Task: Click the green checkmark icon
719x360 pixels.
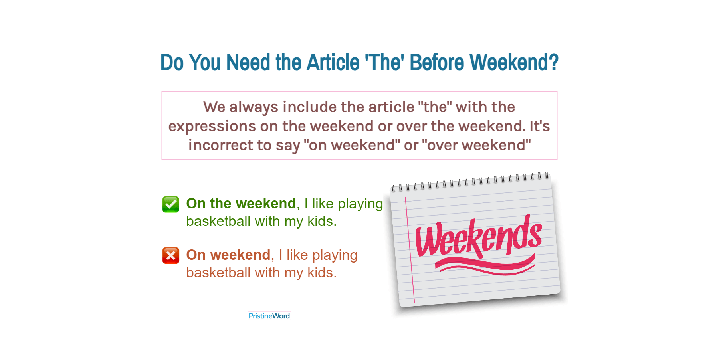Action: point(171,204)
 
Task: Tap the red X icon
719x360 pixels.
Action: point(171,255)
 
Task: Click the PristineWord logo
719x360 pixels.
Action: point(269,316)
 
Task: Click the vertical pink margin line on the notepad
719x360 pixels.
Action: point(410,250)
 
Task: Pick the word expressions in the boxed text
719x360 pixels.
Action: point(212,127)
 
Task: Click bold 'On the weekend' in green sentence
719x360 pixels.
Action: point(241,204)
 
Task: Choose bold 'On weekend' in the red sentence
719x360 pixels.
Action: point(228,255)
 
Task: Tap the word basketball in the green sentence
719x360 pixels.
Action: point(218,221)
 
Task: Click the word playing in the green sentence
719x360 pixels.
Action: point(360,204)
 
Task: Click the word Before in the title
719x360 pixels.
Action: point(437,63)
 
